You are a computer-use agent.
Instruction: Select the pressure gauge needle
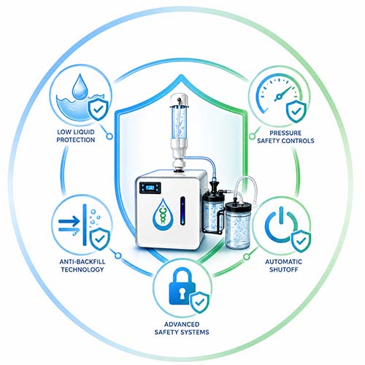click(x=283, y=94)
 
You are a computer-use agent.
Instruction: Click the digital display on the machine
click(x=150, y=188)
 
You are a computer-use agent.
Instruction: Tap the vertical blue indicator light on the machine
click(x=182, y=211)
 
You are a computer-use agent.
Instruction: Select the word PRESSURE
click(x=285, y=133)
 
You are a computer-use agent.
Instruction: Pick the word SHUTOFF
click(x=284, y=269)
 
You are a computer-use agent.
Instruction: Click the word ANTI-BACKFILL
click(x=82, y=261)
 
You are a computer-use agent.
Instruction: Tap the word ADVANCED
click(x=182, y=324)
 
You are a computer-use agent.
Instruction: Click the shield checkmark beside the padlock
click(x=200, y=302)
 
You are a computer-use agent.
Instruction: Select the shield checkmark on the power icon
click(x=301, y=241)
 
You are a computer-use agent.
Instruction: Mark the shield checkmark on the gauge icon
click(x=296, y=112)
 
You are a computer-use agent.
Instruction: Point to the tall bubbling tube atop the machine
click(x=180, y=122)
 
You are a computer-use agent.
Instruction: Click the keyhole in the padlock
click(x=182, y=293)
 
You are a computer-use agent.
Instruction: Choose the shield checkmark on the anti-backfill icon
click(x=99, y=239)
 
